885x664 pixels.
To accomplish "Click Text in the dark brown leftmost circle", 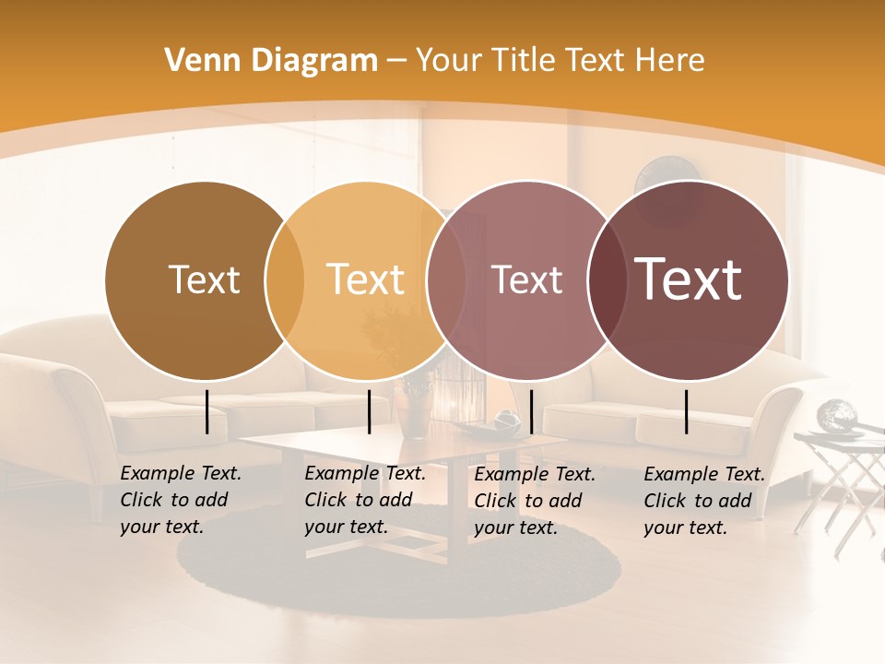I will point(204,279).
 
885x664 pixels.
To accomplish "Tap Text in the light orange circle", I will point(365,279).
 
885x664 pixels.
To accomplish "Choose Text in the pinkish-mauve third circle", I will point(526,279).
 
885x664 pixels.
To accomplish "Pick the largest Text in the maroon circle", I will point(688,279).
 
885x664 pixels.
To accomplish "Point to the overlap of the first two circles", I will point(285,279).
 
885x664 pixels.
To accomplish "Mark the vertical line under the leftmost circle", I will point(207,411).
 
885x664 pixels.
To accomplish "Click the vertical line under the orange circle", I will point(369,411).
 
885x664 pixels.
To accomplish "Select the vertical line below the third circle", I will point(532,411).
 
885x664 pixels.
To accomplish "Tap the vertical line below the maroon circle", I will point(687,411).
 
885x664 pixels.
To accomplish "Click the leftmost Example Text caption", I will point(181,500).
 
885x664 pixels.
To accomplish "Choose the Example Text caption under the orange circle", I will point(365,500).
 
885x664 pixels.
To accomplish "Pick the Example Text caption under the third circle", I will point(535,501).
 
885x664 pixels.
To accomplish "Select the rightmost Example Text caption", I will point(704,501).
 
